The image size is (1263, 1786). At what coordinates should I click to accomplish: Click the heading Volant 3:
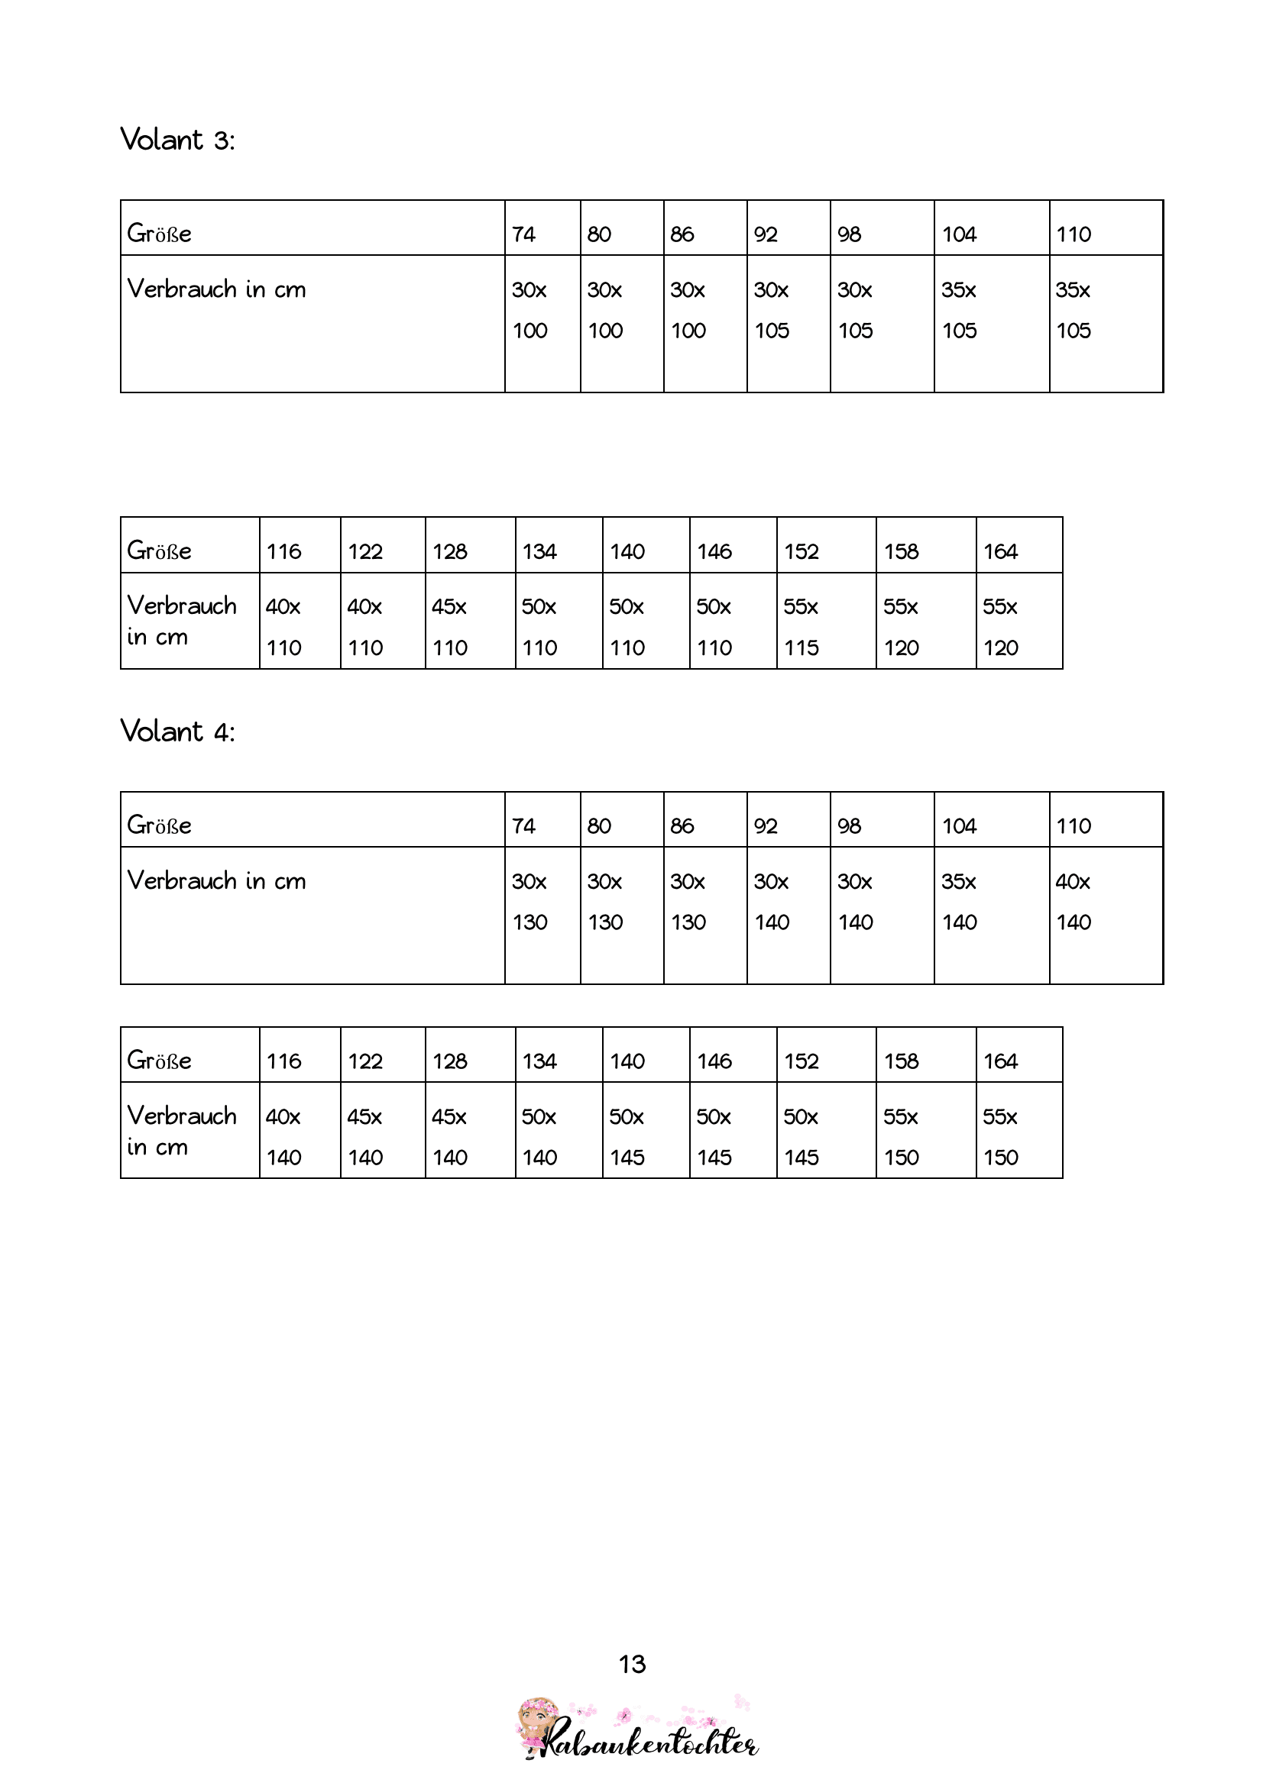tap(177, 140)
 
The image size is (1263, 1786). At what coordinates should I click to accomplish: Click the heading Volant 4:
tap(177, 732)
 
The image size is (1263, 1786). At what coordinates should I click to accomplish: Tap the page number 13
tap(632, 1664)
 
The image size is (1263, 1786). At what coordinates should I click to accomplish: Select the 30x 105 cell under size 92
tap(788, 310)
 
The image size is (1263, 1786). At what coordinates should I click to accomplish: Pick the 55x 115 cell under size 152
tap(825, 627)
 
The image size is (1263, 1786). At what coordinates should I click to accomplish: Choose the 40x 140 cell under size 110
tap(1105, 903)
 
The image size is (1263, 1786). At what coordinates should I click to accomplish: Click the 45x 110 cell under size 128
tap(469, 627)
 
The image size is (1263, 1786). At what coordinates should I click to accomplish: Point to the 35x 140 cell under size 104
tap(991, 903)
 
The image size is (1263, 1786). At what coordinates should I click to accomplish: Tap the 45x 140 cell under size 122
tap(382, 1137)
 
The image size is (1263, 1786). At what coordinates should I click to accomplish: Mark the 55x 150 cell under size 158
tap(925, 1137)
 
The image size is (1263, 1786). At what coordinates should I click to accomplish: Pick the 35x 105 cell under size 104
tap(991, 310)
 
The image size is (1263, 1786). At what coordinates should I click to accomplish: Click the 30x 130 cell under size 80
tap(621, 903)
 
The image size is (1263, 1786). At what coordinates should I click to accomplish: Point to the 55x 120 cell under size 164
tap(1018, 627)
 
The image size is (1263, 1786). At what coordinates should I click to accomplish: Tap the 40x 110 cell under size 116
tap(300, 627)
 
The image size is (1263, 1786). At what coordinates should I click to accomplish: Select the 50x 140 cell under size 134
tap(558, 1137)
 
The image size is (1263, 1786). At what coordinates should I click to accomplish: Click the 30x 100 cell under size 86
tap(704, 310)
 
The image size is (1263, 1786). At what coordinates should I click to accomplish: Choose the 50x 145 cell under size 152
tap(825, 1137)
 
